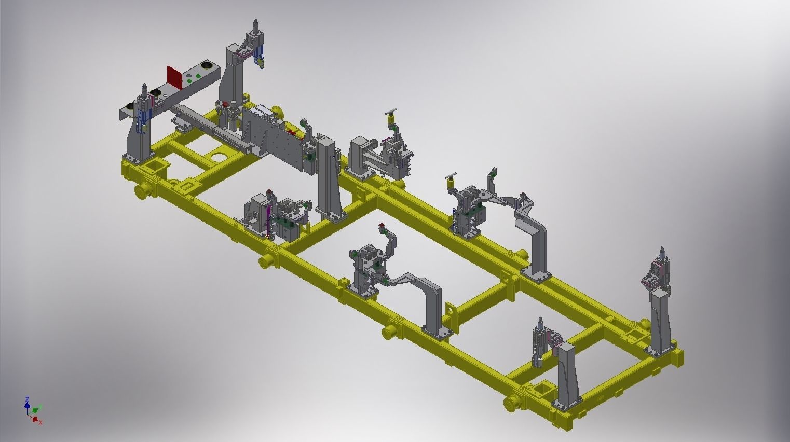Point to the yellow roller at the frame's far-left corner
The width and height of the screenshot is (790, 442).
[x=141, y=190]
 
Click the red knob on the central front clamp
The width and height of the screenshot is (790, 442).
[x=382, y=226]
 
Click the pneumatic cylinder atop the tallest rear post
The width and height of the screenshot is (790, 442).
[x=255, y=31]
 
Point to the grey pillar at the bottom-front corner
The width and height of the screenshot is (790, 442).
[x=566, y=374]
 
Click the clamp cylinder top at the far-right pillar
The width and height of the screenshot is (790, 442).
[x=662, y=254]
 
